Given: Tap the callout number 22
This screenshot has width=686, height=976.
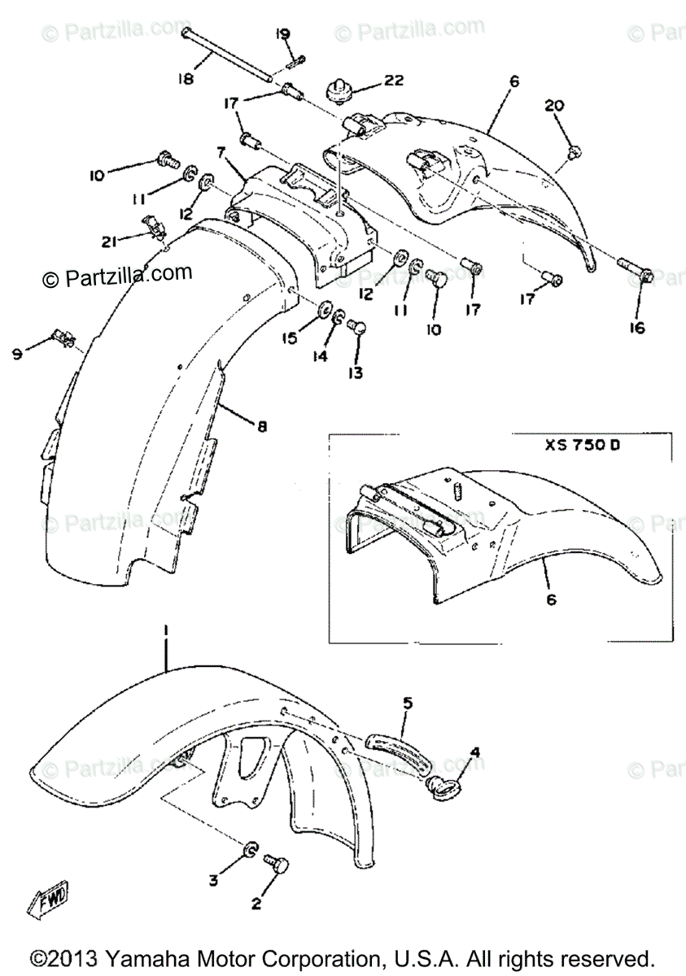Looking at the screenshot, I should (x=394, y=82).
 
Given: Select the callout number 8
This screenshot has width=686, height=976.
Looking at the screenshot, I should (x=261, y=425).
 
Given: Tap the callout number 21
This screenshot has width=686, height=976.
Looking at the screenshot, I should (x=111, y=240).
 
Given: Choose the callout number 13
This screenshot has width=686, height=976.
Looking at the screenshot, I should (x=356, y=373).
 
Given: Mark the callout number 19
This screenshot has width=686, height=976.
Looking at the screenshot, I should (x=282, y=33).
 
